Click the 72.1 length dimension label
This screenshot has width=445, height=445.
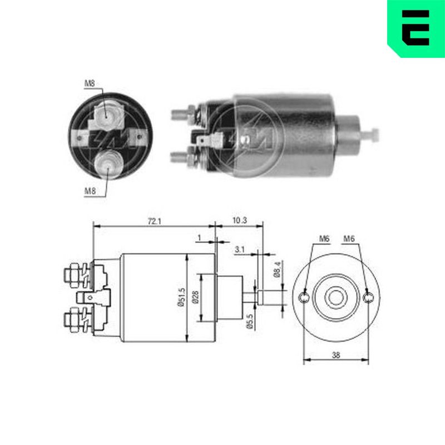pos(155,221)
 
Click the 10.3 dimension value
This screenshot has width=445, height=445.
pos(240,220)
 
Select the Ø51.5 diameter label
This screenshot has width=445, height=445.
pos(181,298)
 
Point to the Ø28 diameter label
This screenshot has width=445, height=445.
pos(196,298)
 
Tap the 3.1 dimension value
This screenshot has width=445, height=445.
pos(240,249)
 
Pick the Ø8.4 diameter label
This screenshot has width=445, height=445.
pos(277,269)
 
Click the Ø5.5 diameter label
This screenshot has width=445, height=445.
pos(250,322)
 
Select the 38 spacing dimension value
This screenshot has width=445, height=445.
pos(336,355)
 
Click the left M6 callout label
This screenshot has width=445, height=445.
pos(324,239)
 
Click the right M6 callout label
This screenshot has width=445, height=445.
pos(349,239)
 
